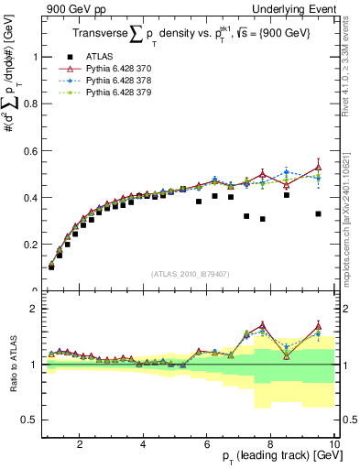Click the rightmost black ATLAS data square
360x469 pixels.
(x=318, y=214)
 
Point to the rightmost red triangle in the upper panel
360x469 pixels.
(x=318, y=167)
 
